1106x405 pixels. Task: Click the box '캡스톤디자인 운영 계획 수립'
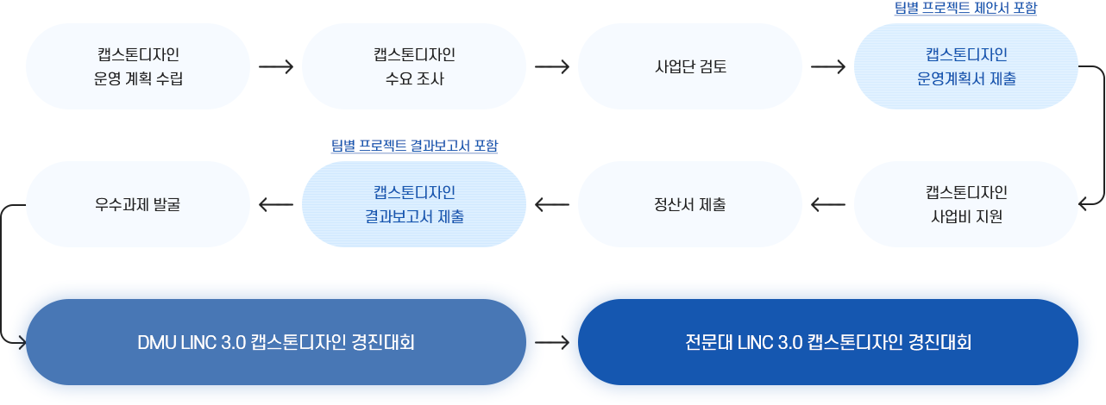pyautogui.click(x=138, y=66)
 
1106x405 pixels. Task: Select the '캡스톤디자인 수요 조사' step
pyautogui.click(x=414, y=66)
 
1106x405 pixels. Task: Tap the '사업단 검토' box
pyautogui.click(x=690, y=66)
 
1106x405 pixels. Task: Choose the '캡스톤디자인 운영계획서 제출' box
pyautogui.click(x=965, y=66)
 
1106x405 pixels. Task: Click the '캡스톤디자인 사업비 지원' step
pyautogui.click(x=965, y=204)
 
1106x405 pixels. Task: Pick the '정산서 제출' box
pyautogui.click(x=690, y=204)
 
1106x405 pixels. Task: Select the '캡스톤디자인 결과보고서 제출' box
pyautogui.click(x=414, y=204)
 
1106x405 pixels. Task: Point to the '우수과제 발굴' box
pyautogui.click(x=138, y=204)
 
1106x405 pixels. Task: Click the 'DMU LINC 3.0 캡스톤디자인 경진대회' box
pyautogui.click(x=276, y=342)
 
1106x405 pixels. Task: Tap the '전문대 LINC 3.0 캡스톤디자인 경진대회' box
pyautogui.click(x=828, y=342)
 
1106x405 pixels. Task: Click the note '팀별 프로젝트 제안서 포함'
pyautogui.click(x=965, y=8)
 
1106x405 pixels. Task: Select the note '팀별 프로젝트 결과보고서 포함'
pyautogui.click(x=414, y=146)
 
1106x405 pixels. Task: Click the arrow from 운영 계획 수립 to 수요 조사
pyautogui.click(x=276, y=66)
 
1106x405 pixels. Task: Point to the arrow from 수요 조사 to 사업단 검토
pyautogui.click(x=552, y=66)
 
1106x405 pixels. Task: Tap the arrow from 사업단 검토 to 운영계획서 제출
pyautogui.click(x=828, y=66)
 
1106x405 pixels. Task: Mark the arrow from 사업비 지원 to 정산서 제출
pyautogui.click(x=828, y=204)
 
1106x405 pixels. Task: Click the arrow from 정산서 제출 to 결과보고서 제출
pyautogui.click(x=552, y=204)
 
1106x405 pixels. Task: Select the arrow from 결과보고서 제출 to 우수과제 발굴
pyautogui.click(x=276, y=204)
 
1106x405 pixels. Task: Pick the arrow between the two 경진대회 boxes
pyautogui.click(x=552, y=342)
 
